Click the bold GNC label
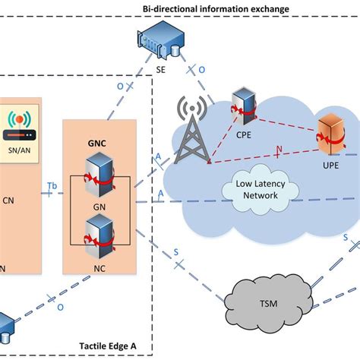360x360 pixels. [x=96, y=141]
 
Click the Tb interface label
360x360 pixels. [x=52, y=185]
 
